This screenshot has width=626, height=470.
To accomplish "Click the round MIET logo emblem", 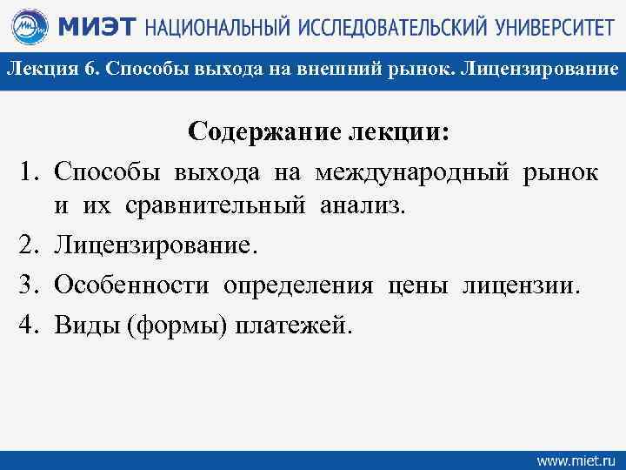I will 28,28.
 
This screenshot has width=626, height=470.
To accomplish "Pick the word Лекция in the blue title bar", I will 42,68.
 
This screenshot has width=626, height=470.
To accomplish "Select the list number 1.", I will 25,172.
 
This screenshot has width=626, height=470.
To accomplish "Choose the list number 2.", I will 25,247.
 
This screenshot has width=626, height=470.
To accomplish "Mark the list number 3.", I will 25,285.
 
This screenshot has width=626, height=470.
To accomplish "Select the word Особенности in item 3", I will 131,285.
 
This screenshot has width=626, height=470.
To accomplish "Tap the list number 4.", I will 25,325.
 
